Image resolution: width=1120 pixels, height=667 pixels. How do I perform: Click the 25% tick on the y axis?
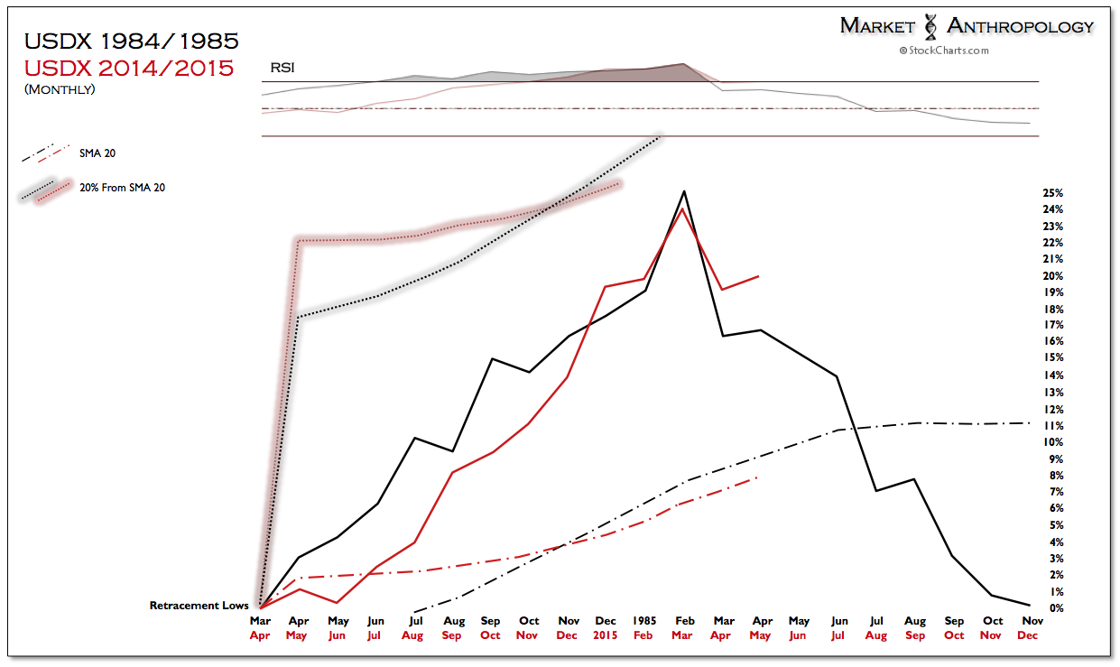coord(1052,194)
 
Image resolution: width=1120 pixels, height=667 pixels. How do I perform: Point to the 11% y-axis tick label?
coord(1052,426)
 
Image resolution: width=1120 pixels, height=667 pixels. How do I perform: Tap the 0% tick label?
coord(1055,608)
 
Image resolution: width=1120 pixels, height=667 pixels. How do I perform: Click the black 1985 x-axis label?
coord(644,621)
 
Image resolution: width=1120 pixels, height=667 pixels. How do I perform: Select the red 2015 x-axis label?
coord(605,635)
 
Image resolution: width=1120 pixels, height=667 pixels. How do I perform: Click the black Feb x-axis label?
coord(684,621)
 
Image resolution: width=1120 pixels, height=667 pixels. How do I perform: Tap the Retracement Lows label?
coord(199,607)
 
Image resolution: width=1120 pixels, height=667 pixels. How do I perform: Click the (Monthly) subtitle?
coord(60,88)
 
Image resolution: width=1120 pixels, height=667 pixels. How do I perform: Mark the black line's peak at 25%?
coord(684,191)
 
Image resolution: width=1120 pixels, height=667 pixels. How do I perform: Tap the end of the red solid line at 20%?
coord(759,276)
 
